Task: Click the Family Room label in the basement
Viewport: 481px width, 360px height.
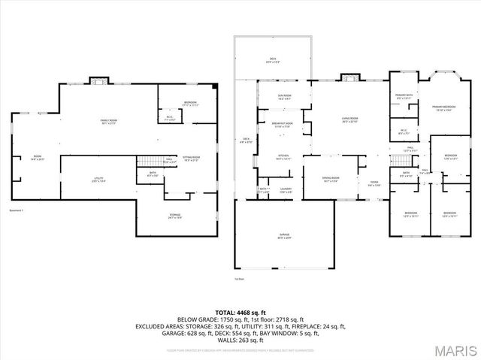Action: [113, 122]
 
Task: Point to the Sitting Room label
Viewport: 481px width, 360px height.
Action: [191, 159]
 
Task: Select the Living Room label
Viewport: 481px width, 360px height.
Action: [349, 119]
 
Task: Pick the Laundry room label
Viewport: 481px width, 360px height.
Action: [286, 190]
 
